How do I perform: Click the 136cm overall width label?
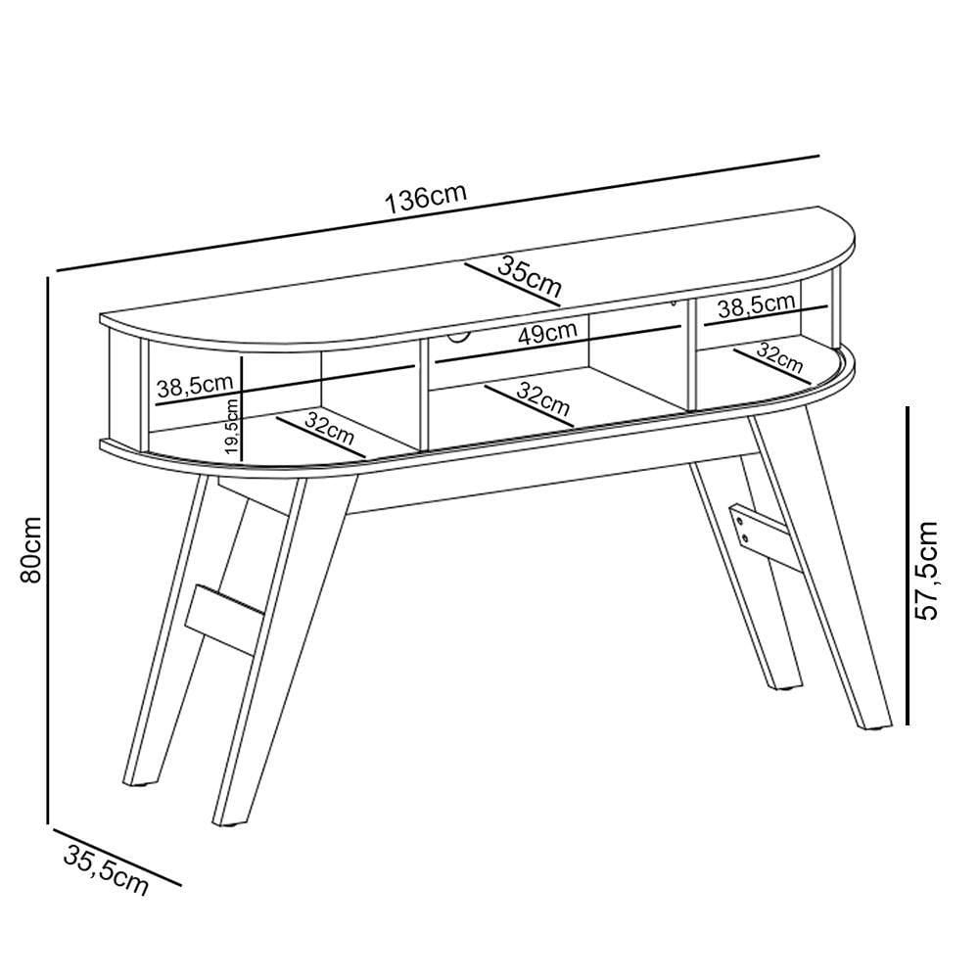[x=426, y=198]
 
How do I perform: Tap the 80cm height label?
[x=30, y=550]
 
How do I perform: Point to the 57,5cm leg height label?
[x=926, y=570]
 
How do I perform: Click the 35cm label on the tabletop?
[x=530, y=277]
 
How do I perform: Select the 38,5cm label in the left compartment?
[x=195, y=385]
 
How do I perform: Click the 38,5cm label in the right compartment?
[x=756, y=304]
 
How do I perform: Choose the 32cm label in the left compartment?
[x=330, y=429]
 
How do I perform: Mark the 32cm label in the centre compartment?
[x=543, y=400]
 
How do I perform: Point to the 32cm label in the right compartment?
[x=778, y=357]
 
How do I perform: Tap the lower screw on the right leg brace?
[x=744, y=536]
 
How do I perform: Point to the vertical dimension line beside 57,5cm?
[x=907, y=566]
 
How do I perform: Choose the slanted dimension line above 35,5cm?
[x=117, y=857]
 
